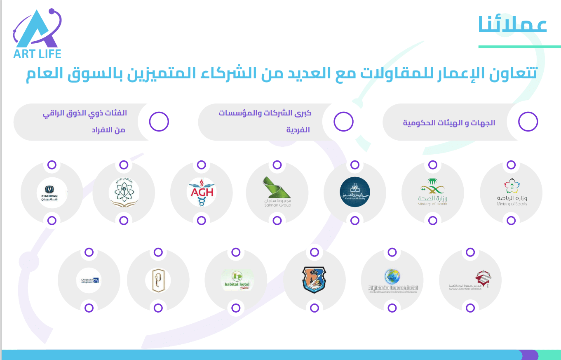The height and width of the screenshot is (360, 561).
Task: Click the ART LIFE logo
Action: [x=37, y=34]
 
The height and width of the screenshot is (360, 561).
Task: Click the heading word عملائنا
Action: [x=513, y=24]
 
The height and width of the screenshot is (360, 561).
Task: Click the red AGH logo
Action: [x=202, y=192]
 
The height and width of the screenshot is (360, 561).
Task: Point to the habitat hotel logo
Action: [x=236, y=280]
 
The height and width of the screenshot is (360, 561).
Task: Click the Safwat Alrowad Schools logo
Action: [x=470, y=280]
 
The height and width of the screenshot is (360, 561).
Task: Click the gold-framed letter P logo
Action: [x=158, y=280]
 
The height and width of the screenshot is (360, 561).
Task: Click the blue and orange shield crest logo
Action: [x=314, y=280]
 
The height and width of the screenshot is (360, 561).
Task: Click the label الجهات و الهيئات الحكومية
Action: [x=449, y=123]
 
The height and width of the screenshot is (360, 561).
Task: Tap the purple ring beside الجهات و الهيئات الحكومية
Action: [x=528, y=122]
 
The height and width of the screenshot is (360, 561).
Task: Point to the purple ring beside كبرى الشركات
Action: [x=343, y=122]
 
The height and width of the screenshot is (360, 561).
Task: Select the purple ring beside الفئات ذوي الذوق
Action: [x=159, y=122]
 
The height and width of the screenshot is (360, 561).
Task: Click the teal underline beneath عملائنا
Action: [x=519, y=47]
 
